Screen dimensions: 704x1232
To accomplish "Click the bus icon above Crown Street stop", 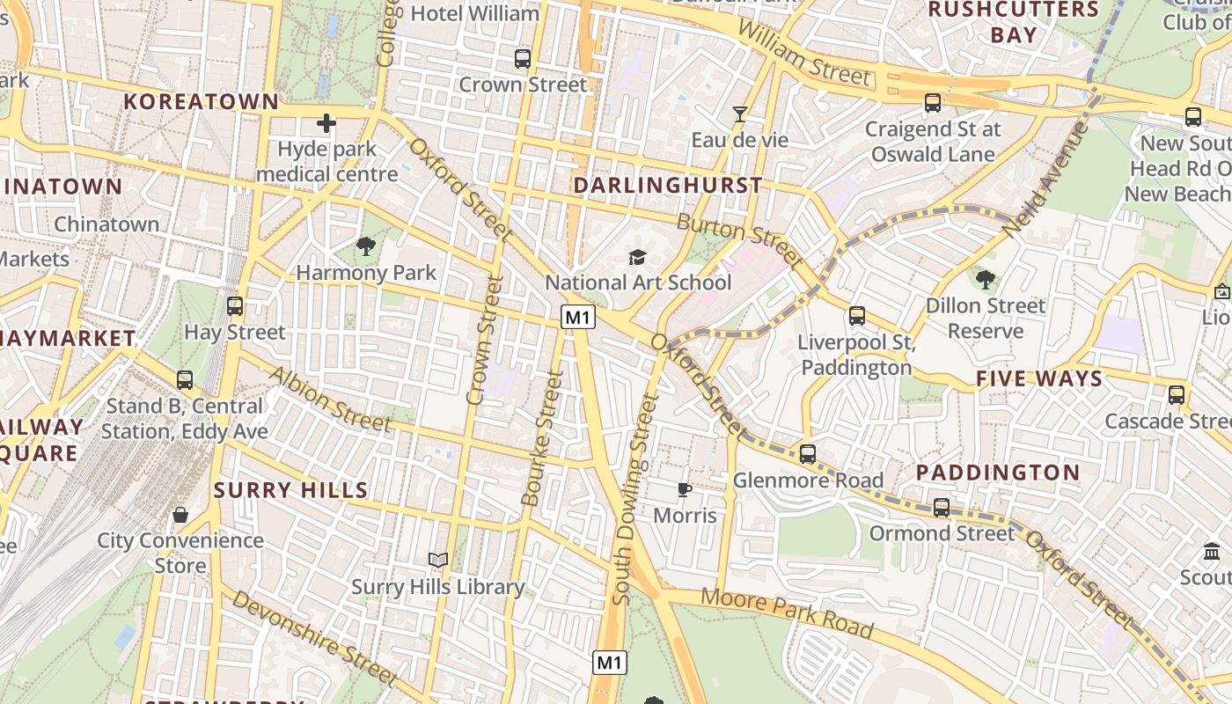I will point(523,59).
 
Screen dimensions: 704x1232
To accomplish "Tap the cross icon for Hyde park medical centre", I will point(326,123).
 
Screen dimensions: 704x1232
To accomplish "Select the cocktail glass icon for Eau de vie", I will point(739,114).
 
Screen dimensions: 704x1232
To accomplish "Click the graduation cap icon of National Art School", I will point(637,257).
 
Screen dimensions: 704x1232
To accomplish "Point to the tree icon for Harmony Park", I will point(366,246).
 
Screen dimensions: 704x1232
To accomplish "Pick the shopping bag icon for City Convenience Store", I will point(180,515).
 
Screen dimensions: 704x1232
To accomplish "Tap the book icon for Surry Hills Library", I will point(437,560).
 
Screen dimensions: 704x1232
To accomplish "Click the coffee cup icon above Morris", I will point(685,489).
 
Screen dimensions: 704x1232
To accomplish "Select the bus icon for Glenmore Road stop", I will point(807,454).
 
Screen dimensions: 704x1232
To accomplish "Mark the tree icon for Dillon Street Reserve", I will point(986,280).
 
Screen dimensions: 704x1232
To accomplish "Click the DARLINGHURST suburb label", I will point(668,186).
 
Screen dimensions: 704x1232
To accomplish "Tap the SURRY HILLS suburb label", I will point(291,490).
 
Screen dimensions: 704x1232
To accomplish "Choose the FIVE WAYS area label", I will point(1038,379).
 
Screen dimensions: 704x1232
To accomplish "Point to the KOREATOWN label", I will point(202,101).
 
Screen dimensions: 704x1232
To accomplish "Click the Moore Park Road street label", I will point(787,612).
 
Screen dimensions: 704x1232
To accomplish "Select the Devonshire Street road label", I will point(315,638).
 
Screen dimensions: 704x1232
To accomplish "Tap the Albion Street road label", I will point(329,399).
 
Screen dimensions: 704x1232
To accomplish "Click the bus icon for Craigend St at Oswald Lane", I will point(933,103).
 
